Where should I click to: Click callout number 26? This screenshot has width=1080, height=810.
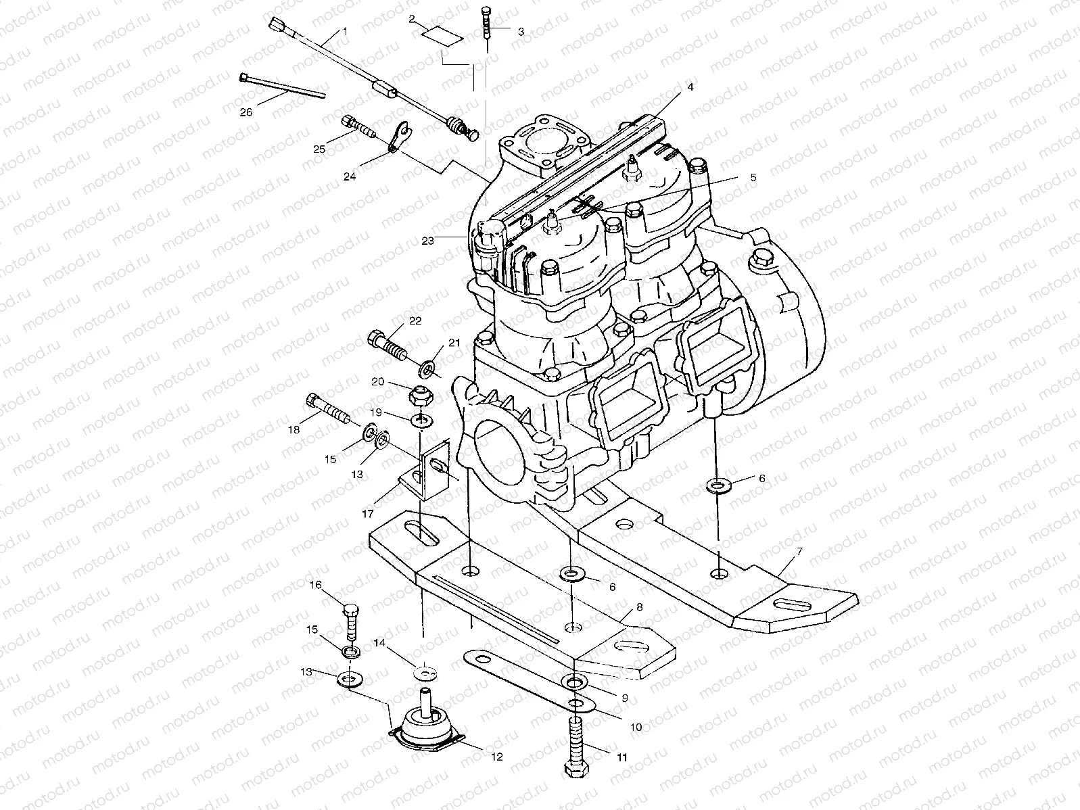pos(245,113)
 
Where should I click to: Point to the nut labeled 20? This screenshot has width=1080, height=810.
pos(418,394)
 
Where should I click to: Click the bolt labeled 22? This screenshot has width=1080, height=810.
pos(387,344)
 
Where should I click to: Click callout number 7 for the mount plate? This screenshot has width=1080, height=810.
pos(799,552)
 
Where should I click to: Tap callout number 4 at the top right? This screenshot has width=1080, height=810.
pos(690,87)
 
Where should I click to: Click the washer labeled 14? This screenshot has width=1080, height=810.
pos(425,674)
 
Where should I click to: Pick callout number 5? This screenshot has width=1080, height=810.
pos(753,178)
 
